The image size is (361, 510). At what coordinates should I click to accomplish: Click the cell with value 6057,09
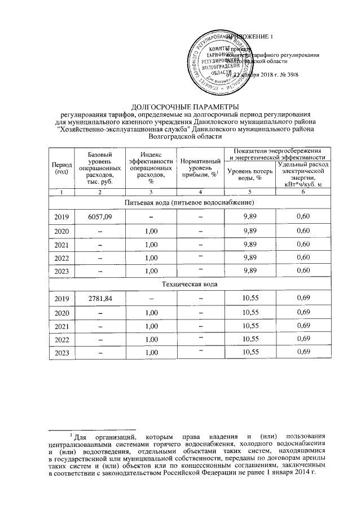click(100, 216)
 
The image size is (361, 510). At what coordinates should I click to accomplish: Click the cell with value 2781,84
click(100, 298)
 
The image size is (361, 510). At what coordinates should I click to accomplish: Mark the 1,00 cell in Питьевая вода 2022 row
click(150, 257)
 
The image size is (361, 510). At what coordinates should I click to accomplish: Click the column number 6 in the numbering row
click(303, 192)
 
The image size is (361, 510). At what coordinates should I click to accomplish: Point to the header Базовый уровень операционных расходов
click(100, 168)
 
